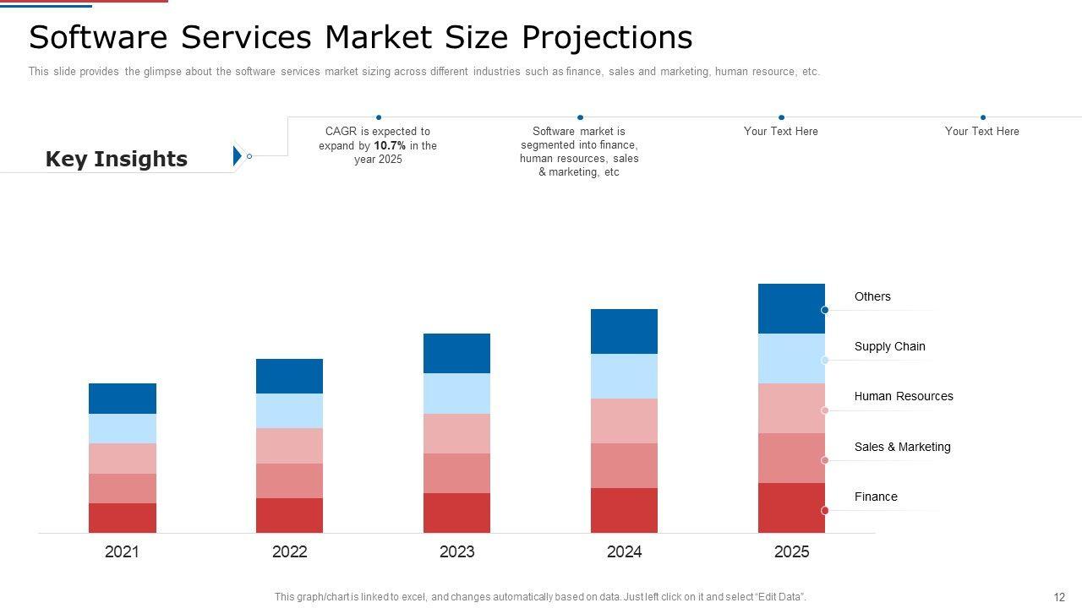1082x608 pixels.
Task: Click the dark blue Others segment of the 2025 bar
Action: pyautogui.click(x=791, y=308)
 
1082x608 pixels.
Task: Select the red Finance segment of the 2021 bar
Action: pyautogui.click(x=123, y=518)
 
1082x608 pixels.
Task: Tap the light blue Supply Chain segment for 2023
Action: pyautogui.click(x=456, y=394)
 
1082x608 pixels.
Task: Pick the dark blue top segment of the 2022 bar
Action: pyautogui.click(x=289, y=376)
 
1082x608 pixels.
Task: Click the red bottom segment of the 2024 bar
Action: pyautogui.click(x=624, y=510)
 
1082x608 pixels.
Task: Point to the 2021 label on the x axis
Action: pyautogui.click(x=122, y=552)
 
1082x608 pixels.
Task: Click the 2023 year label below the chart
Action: pyautogui.click(x=456, y=552)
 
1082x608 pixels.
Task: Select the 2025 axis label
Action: pyautogui.click(x=791, y=552)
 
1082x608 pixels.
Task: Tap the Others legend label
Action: pyautogui.click(x=872, y=296)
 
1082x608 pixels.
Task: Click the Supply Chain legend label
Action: pyautogui.click(x=889, y=346)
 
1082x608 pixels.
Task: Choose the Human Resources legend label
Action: pyautogui.click(x=903, y=396)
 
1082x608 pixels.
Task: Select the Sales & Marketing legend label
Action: pyautogui.click(x=902, y=447)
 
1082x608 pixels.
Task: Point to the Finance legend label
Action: pyautogui.click(x=876, y=497)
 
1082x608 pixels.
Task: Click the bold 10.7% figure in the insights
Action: pyautogui.click(x=390, y=145)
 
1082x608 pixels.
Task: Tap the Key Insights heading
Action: pyautogui.click(x=116, y=159)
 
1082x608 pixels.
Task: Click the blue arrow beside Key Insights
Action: pyautogui.click(x=238, y=155)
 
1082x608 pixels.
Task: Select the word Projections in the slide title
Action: pyautogui.click(x=606, y=37)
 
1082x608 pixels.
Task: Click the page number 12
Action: pyautogui.click(x=1059, y=597)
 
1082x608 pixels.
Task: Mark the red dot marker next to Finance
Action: pyautogui.click(x=825, y=511)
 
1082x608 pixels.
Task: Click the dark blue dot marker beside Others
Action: pyautogui.click(x=825, y=310)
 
